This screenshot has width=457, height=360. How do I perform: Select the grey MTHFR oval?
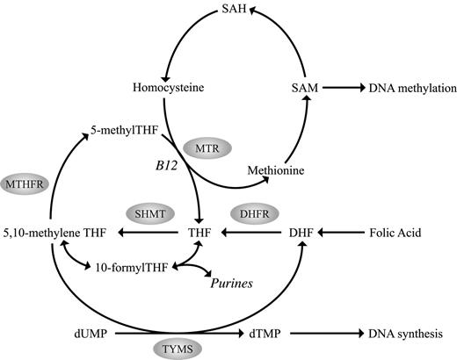tap(25, 185)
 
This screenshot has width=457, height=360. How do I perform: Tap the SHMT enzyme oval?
tap(151, 212)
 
